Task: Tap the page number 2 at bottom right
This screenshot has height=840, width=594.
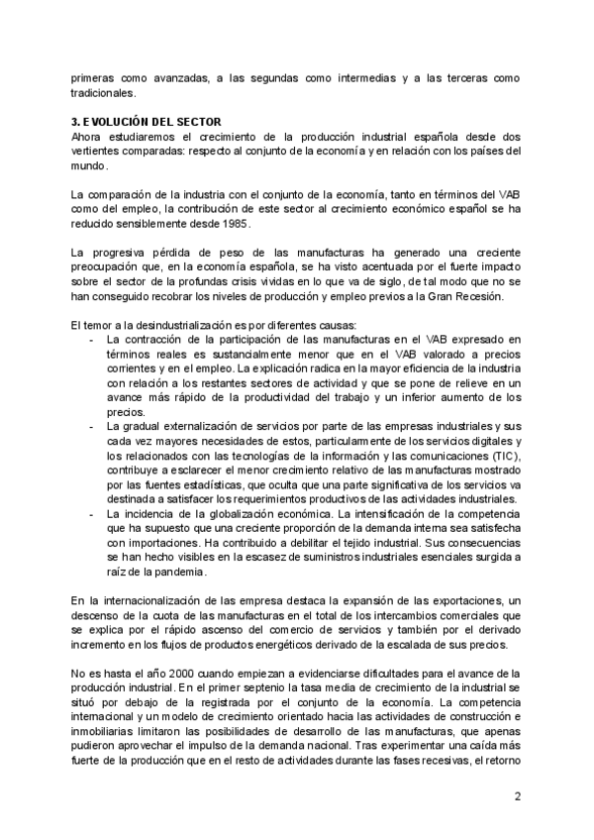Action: (517, 796)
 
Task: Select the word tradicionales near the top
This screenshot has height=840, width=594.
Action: (101, 93)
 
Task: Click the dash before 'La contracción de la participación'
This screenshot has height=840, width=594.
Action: (92, 339)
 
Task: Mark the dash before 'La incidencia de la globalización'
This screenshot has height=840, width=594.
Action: (92, 514)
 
